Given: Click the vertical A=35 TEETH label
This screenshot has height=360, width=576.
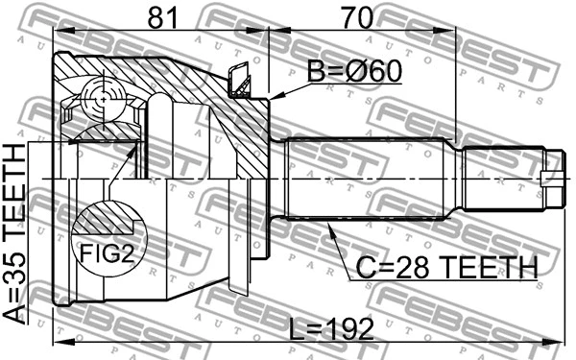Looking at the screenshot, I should (16, 236).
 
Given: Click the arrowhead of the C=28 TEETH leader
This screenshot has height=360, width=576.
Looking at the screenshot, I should (329, 224).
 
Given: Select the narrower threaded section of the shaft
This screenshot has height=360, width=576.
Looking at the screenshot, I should (504, 179).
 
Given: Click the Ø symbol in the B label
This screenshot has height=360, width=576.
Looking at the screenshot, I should (351, 73).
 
